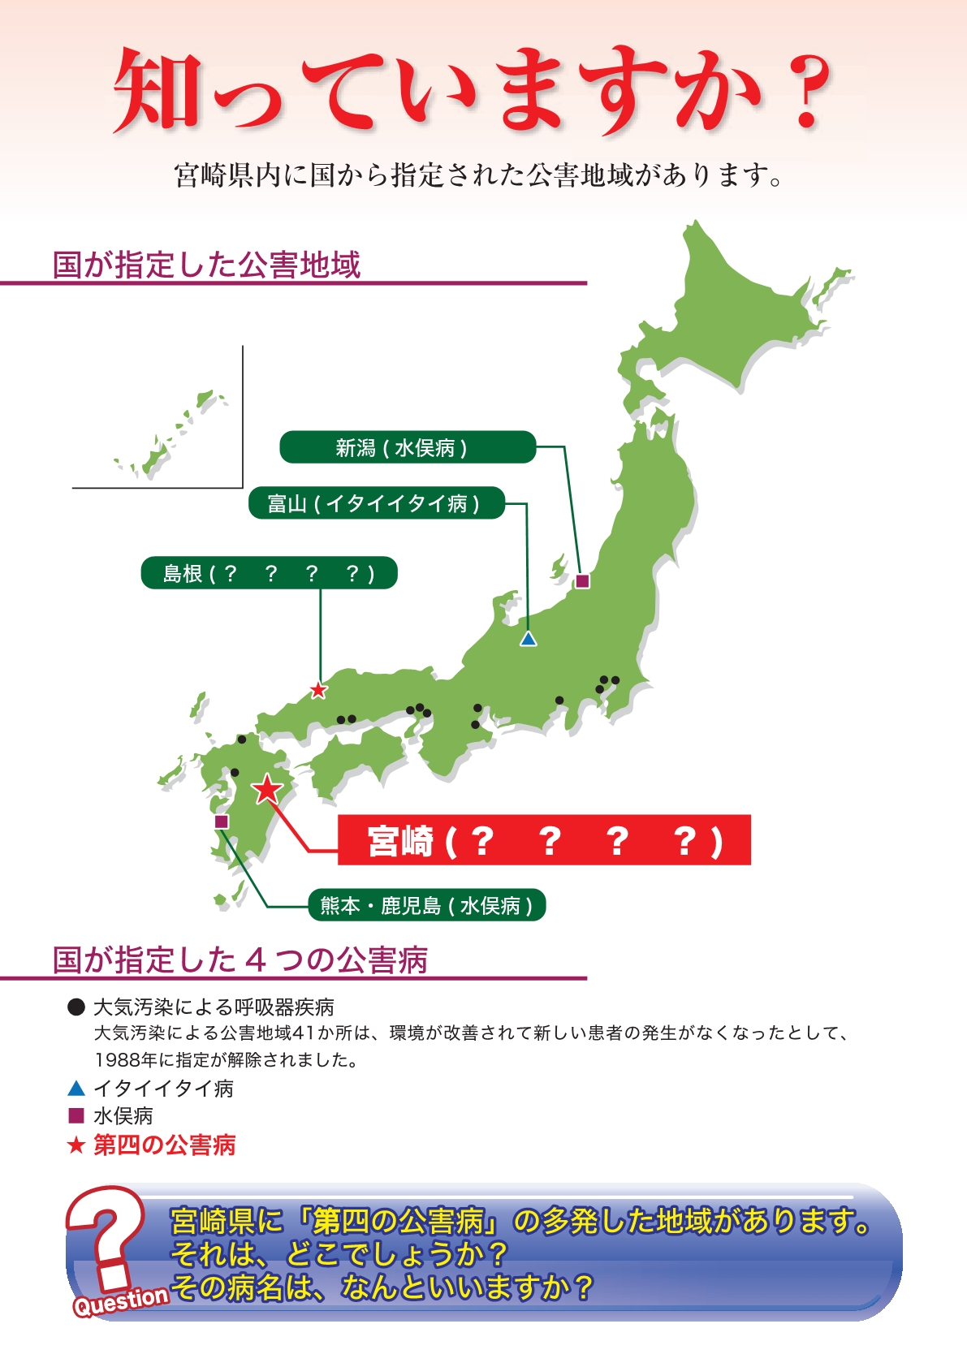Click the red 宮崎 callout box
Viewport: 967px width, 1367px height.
pos(543,840)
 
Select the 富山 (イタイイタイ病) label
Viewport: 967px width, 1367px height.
pos(376,503)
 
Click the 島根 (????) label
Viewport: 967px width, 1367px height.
pos(269,573)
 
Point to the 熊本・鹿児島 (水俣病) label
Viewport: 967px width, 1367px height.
pos(427,905)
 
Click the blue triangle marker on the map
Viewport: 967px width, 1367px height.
pos(529,640)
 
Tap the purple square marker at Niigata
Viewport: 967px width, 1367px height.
pos(582,581)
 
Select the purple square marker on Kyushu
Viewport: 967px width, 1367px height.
pos(222,821)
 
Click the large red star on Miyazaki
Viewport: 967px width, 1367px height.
pos(267,788)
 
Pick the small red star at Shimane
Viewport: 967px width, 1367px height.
pos(319,691)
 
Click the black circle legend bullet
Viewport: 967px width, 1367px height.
pos(76,1007)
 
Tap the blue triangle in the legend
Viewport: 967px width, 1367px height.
pos(76,1089)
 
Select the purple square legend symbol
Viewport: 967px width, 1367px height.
pos(76,1115)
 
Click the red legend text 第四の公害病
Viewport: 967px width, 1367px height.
pos(165,1145)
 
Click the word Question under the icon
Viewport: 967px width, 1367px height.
pos(121,1301)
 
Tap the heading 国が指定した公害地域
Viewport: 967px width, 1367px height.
pos(206,265)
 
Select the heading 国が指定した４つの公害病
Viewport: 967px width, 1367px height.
pos(240,959)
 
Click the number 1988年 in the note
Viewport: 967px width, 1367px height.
pos(126,1059)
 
